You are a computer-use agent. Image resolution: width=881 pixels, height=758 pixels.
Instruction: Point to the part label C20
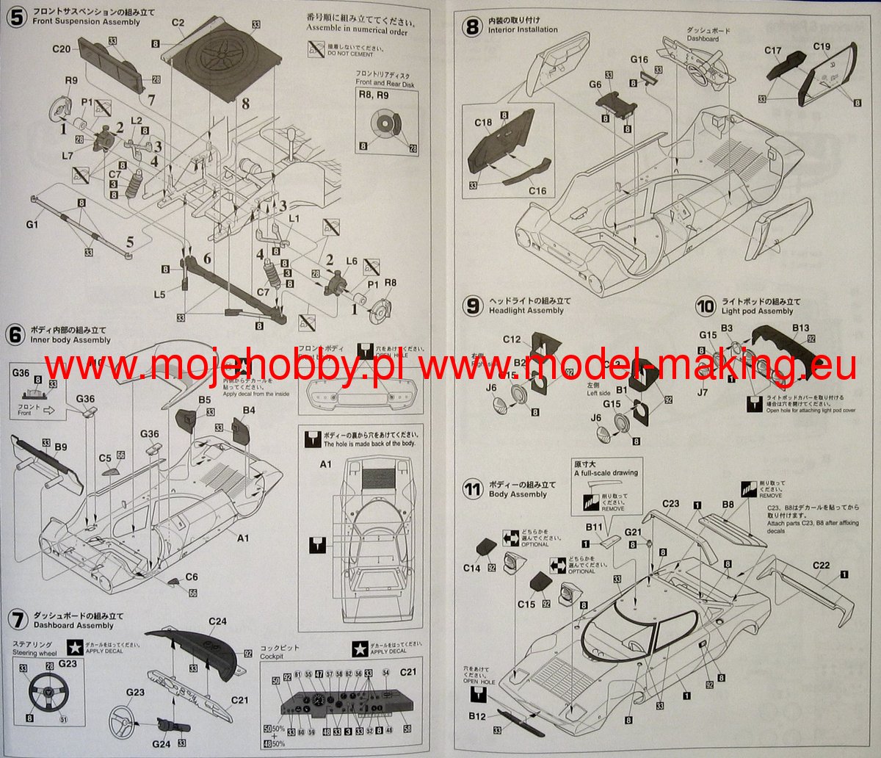click(x=61, y=49)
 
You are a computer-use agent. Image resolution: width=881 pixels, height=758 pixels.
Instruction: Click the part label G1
click(x=32, y=225)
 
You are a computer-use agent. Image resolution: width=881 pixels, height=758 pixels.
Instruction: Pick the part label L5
click(x=160, y=295)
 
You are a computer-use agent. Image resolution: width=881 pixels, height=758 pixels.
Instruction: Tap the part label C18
click(x=482, y=122)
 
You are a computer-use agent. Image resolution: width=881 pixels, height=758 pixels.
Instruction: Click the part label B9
click(x=61, y=447)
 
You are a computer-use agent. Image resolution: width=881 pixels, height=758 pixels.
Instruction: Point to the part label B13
click(x=800, y=328)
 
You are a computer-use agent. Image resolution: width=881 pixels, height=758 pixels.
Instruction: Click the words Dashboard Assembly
click(x=73, y=625)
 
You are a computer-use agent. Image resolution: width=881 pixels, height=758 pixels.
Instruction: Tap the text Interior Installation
click(x=523, y=30)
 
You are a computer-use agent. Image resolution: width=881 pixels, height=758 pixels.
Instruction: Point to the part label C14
click(x=472, y=568)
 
